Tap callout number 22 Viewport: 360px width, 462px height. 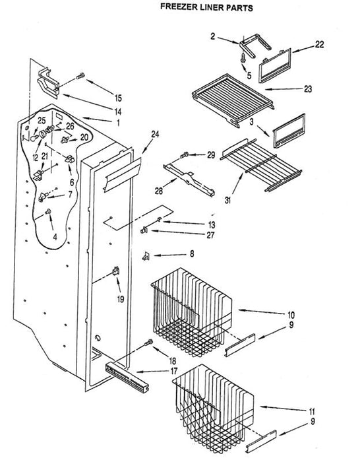click(x=319, y=45)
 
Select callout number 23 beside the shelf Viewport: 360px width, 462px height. click(x=308, y=88)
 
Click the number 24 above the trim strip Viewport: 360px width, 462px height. click(x=155, y=135)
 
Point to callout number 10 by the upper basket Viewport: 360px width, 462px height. click(x=291, y=315)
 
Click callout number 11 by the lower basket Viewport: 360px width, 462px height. click(x=312, y=411)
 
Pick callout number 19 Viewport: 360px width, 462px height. click(x=121, y=300)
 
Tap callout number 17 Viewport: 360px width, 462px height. click(x=173, y=371)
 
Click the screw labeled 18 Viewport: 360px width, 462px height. click(x=148, y=343)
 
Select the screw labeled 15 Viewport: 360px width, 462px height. click(x=80, y=76)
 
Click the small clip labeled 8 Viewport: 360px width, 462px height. click(x=146, y=256)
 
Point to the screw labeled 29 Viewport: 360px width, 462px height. click(x=185, y=154)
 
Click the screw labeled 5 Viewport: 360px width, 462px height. click(x=243, y=57)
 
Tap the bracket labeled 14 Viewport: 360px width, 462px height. click(x=47, y=83)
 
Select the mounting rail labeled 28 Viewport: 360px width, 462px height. click(x=189, y=180)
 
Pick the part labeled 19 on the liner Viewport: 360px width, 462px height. click(x=116, y=271)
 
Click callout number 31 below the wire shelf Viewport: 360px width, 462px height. click(x=227, y=201)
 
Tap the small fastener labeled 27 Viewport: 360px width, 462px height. click(x=144, y=230)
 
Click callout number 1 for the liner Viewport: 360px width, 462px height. click(x=118, y=123)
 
